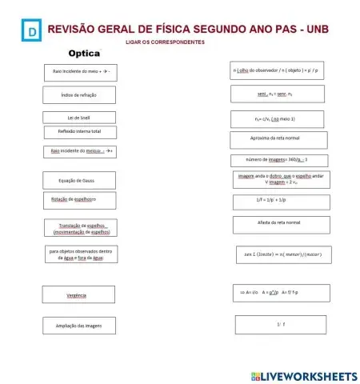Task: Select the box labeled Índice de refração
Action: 79,95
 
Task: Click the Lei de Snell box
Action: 79,118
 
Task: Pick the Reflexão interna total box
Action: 79,131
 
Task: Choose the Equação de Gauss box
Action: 79,180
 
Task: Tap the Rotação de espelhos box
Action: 79,199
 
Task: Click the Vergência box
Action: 79,295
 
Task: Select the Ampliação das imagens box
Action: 79,326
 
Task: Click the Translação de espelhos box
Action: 79,229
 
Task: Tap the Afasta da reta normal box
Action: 270,223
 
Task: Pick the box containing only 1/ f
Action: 281,324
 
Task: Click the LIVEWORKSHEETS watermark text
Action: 302,375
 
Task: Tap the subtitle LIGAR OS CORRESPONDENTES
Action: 165,42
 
